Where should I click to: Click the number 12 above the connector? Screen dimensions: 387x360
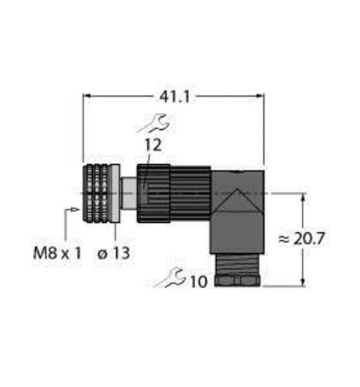pyautogui.click(x=152, y=144)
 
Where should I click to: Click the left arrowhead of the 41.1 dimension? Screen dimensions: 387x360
pyautogui.click(x=86, y=95)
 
